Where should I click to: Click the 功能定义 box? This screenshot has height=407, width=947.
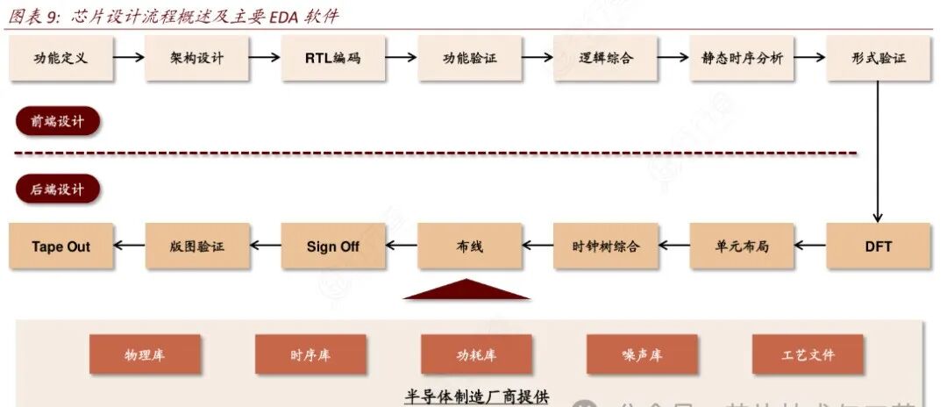coord(61,59)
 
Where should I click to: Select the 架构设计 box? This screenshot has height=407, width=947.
coord(197,59)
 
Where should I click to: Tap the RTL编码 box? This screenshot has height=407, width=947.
coord(333,59)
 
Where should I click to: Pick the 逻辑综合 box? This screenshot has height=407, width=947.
coord(606,59)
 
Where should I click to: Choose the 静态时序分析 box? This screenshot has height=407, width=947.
coord(742,59)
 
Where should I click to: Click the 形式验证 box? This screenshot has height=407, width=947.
coord(879,59)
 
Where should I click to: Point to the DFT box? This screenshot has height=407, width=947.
coord(879,246)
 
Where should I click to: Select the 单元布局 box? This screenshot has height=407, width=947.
coord(742,246)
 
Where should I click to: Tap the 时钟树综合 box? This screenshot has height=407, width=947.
coord(606,246)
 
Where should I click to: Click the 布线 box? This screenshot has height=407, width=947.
coord(470,246)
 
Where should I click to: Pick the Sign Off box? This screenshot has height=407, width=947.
coord(333,246)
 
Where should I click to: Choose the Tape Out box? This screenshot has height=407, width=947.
coord(61,246)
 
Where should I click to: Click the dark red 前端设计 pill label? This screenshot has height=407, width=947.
coord(57,122)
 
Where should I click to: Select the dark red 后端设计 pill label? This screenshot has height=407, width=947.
coord(57,189)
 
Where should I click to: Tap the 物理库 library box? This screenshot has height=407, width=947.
coord(145,355)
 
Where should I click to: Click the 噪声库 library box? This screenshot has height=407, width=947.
coord(642,355)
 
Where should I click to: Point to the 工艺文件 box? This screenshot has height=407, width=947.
coord(808,355)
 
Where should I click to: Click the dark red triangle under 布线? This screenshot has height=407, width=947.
coord(466,291)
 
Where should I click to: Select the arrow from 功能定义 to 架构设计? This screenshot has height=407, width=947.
coord(129,58)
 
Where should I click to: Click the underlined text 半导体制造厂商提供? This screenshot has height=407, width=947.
coord(476,397)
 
